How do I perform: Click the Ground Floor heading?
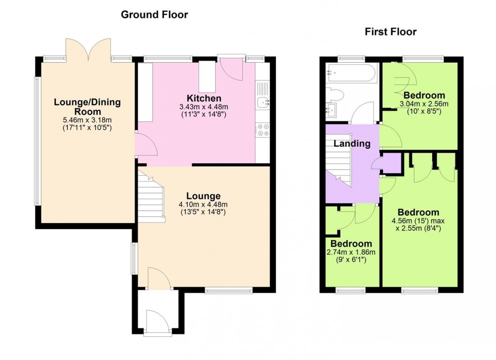154,15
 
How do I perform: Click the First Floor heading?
390,32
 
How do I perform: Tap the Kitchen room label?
203,98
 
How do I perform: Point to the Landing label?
352,144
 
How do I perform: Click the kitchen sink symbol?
263,103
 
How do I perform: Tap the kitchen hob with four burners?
263,130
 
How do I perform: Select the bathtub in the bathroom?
351,74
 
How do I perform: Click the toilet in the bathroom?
336,95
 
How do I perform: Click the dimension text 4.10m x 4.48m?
203,205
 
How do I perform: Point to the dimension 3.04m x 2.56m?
424,104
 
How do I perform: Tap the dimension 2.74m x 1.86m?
351,252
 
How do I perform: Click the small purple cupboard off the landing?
390,163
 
